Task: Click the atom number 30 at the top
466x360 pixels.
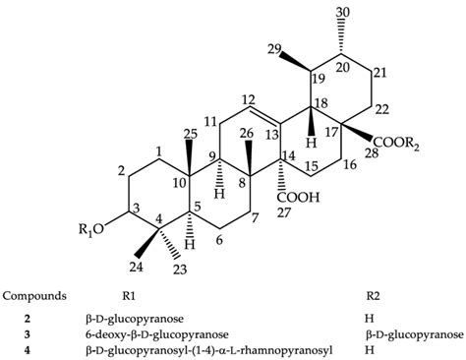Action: point(317,11)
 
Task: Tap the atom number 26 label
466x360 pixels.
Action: point(227,132)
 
